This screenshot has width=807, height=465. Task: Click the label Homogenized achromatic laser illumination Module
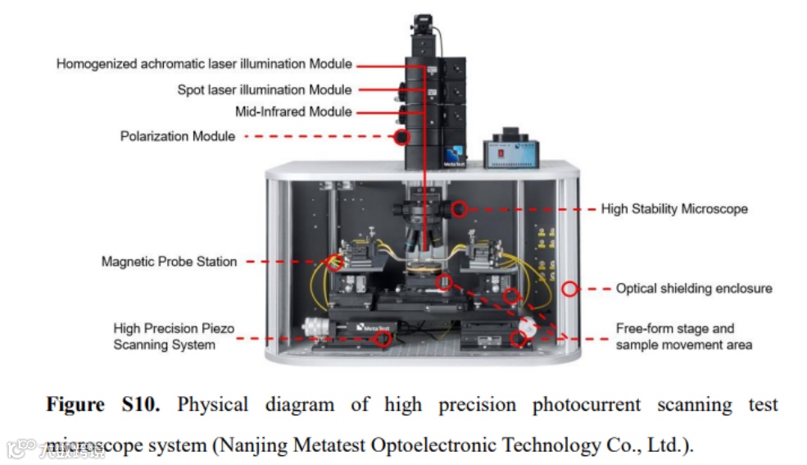(204, 64)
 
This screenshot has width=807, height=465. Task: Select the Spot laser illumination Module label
(265, 89)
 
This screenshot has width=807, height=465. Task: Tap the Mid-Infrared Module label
(293, 112)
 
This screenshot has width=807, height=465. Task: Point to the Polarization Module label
(178, 136)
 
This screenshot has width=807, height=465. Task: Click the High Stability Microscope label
(674, 209)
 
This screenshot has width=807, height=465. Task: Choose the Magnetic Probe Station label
(169, 262)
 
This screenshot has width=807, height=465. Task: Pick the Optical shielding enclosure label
(694, 289)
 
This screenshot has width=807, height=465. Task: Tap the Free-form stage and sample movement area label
(683, 336)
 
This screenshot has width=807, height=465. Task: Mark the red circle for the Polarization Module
(401, 137)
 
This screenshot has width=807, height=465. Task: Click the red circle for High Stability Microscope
(459, 209)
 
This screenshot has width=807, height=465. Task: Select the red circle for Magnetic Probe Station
(334, 262)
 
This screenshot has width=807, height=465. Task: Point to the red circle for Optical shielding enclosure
(570, 289)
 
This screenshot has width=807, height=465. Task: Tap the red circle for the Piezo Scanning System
(383, 339)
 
